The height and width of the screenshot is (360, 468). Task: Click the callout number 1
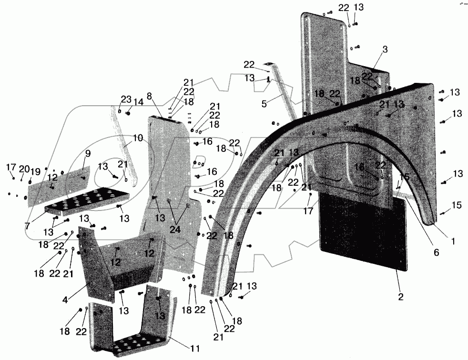click(453, 241)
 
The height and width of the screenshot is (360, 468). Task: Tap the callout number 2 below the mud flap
click(401, 297)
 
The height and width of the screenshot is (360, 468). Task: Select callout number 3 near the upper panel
click(385, 49)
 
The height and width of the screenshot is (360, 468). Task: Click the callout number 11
click(194, 349)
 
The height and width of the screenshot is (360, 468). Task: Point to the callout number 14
click(138, 102)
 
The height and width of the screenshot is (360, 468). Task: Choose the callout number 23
click(125, 100)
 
